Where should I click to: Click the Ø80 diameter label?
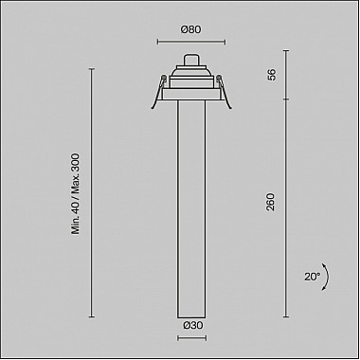point(191,29)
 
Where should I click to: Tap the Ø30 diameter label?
point(193,325)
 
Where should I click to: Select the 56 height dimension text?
point(271,75)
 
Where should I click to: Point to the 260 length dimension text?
point(271,202)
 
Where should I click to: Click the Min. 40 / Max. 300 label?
point(76,194)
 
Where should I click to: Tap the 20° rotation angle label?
point(313,277)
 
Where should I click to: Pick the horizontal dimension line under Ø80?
point(191,42)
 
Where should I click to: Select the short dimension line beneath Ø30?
point(192,338)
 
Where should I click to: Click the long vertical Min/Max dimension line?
point(92,192)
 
